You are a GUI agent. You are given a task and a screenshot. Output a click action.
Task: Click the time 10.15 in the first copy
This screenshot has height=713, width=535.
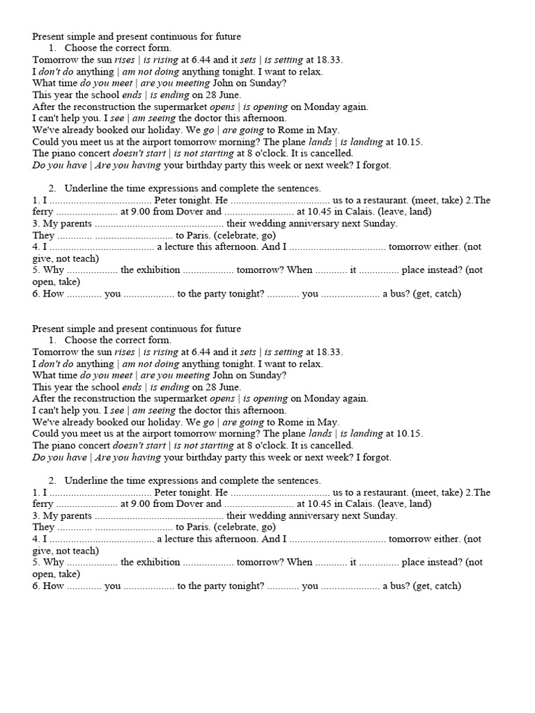410,141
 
